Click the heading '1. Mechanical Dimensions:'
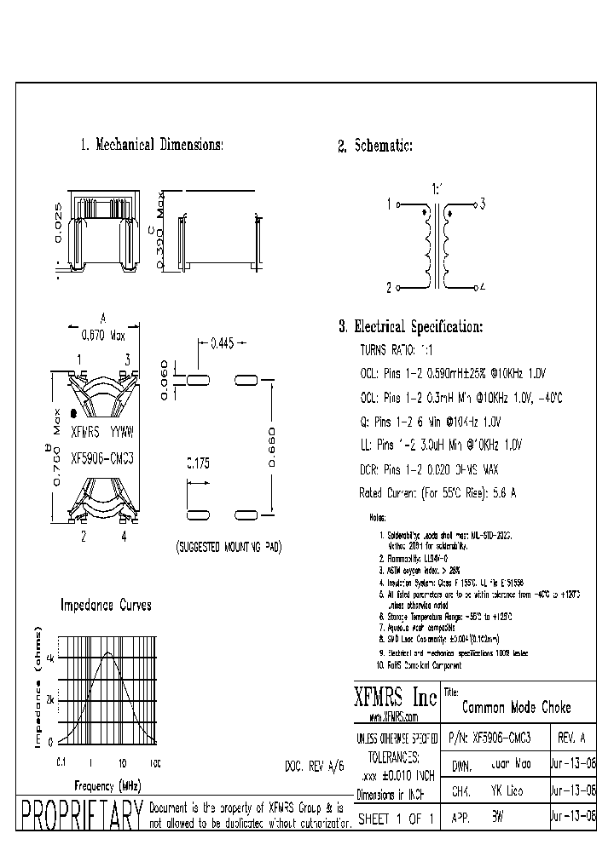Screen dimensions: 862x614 pyautogui.click(x=151, y=145)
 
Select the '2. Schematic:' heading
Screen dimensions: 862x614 pyautogui.click(x=375, y=147)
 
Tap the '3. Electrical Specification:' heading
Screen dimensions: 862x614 pyautogui.click(x=410, y=326)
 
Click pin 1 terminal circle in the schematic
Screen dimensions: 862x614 pyautogui.click(x=397, y=204)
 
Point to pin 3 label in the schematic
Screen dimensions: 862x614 pyautogui.click(x=482, y=204)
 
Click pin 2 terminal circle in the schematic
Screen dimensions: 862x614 pyautogui.click(x=397, y=288)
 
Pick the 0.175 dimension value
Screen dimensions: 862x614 pyautogui.click(x=198, y=464)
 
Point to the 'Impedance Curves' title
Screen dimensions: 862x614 pyautogui.click(x=105, y=605)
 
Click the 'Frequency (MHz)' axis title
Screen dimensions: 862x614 pyautogui.click(x=107, y=784)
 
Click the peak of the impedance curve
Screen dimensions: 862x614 pyautogui.click(x=108, y=653)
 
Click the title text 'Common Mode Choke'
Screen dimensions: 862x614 pyautogui.click(x=516, y=708)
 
